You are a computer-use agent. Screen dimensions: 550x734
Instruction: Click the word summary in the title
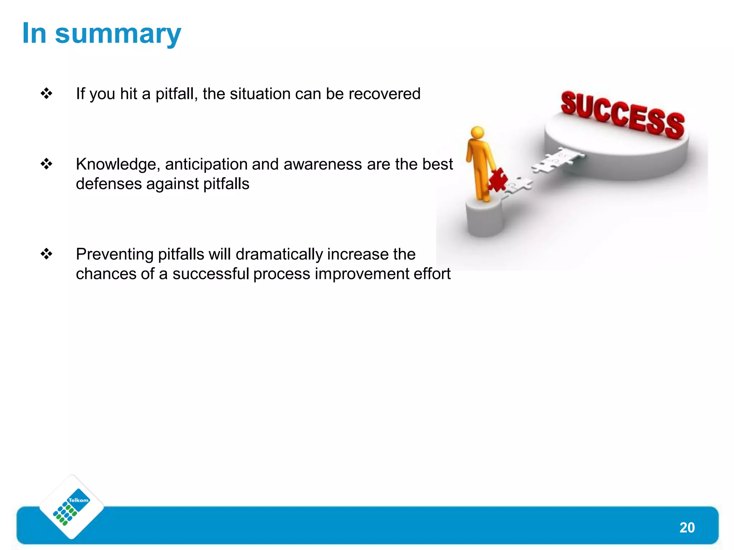coord(118,34)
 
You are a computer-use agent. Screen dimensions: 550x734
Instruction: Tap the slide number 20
coord(687,527)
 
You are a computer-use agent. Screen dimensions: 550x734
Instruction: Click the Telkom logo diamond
coord(72,507)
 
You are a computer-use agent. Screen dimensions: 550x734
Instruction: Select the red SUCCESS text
coord(623,115)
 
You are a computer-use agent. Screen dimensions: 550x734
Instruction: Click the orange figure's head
coord(477,132)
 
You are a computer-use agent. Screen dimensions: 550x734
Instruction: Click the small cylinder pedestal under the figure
coord(484,218)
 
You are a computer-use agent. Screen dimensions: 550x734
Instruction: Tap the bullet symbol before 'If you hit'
coord(47,94)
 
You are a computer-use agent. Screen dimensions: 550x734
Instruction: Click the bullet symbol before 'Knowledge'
coord(47,164)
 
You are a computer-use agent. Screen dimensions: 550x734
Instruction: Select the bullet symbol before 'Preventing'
coord(47,254)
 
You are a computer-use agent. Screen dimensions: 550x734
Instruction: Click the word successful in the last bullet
coord(210,274)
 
